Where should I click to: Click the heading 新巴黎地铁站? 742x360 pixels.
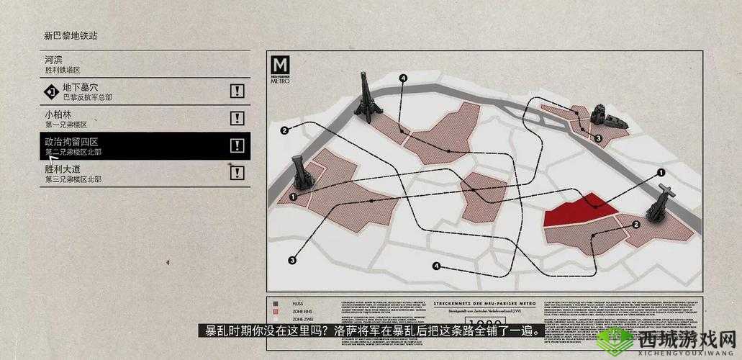point(71,35)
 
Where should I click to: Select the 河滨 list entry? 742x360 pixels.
point(53,59)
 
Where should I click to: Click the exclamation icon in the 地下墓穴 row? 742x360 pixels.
point(237,91)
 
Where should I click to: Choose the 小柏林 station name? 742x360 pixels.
point(58,114)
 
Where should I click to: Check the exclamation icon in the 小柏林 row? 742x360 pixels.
point(237,118)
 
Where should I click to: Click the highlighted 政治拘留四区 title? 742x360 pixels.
point(71,142)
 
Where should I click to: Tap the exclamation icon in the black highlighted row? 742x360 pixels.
point(237,145)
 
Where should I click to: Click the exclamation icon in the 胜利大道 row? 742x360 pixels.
point(237,172)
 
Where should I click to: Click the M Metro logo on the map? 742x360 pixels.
point(281,69)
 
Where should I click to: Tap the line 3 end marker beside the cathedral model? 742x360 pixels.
point(598,138)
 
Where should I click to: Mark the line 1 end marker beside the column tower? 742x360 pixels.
point(293,197)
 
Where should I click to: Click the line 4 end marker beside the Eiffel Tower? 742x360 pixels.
point(403,78)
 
